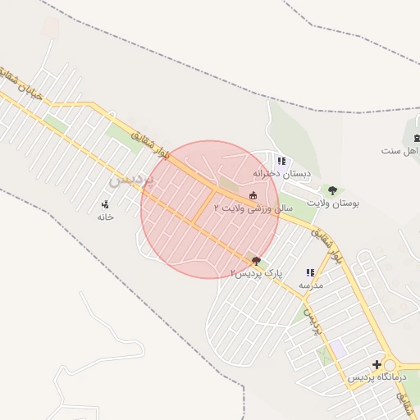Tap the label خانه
coord(104,217)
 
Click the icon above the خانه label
coord(105,204)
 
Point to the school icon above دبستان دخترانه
coord(281,162)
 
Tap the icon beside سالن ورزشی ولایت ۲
coord(252,195)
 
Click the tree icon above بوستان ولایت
coord(332,190)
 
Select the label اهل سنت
coord(400,151)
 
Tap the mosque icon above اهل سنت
coord(417,138)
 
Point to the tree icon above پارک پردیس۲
coord(257,262)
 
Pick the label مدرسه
coord(310,285)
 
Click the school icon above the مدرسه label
coord(310,272)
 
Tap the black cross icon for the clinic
coord(377,365)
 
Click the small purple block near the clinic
coord(339,349)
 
